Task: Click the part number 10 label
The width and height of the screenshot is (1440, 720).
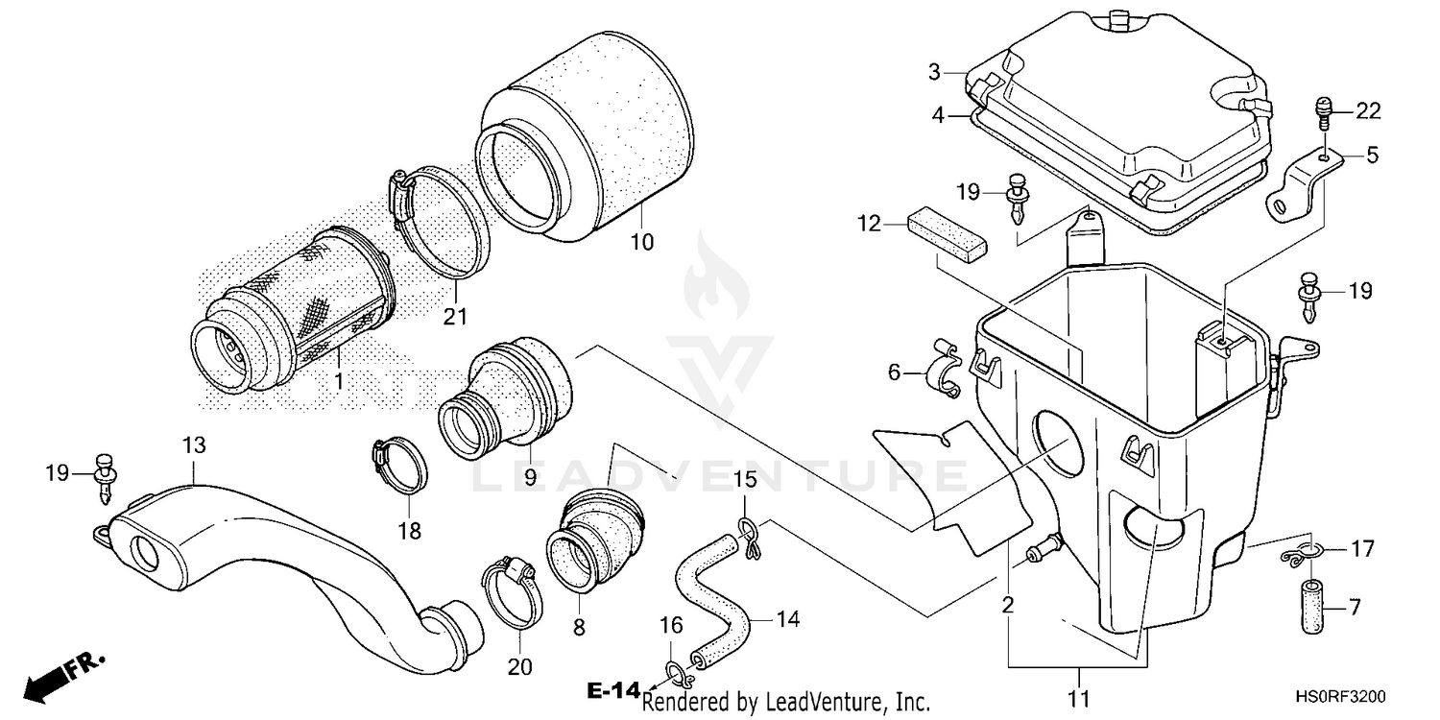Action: [641, 242]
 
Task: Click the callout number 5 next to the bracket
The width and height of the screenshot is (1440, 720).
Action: [1372, 155]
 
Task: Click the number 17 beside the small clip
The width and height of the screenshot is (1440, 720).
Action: [1361, 549]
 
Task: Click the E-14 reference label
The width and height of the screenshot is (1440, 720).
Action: [612, 689]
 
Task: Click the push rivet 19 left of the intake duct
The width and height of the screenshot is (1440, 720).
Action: [106, 477]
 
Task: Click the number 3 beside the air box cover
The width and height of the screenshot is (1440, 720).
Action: [933, 72]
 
